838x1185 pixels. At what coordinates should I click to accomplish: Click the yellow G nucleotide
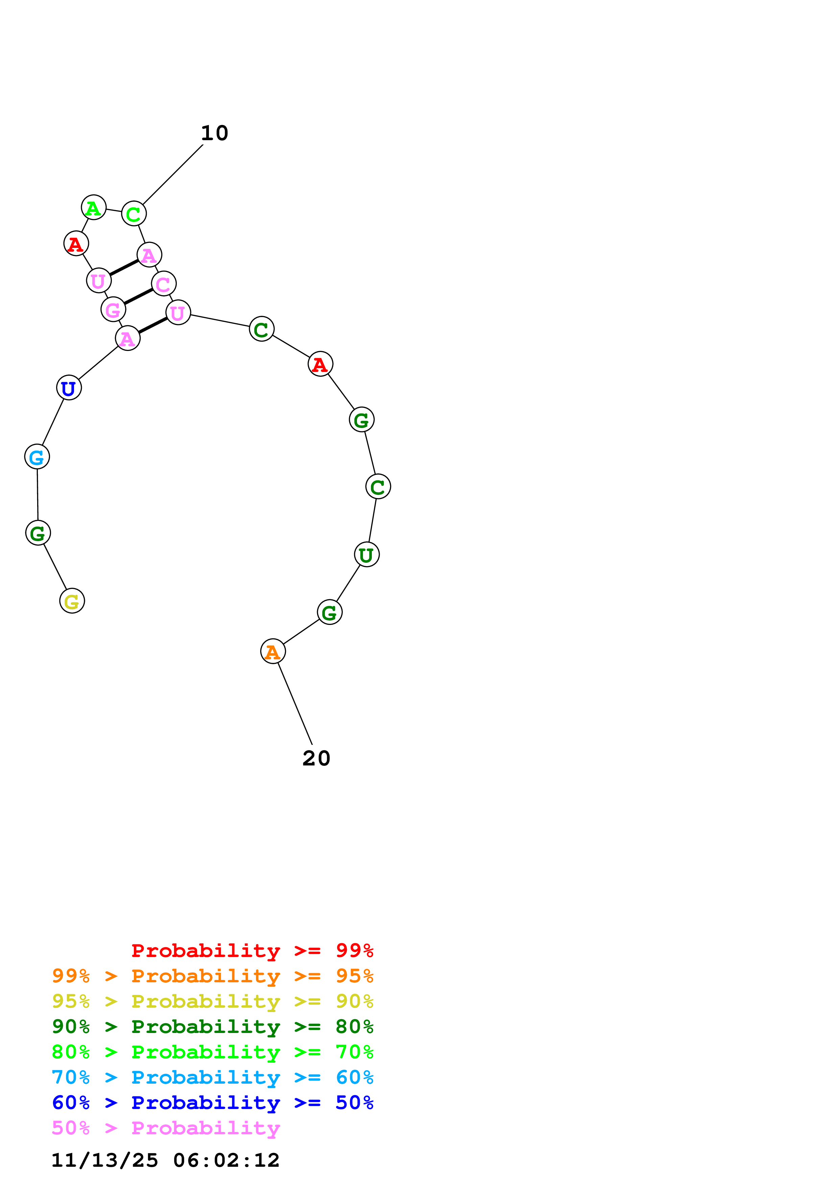tap(72, 601)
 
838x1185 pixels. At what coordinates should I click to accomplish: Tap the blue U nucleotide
tap(69, 387)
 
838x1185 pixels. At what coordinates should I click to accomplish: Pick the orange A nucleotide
tap(272, 651)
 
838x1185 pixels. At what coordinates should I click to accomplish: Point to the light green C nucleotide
tap(134, 214)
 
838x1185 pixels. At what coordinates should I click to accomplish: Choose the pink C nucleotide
tap(164, 284)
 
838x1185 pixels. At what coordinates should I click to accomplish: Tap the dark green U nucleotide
tap(366, 555)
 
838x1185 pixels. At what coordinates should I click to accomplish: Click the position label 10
tap(214, 133)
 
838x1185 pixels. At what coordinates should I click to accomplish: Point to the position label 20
tap(316, 758)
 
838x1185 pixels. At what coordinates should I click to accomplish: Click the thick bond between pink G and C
tap(138, 296)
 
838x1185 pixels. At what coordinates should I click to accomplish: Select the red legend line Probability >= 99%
tap(252, 951)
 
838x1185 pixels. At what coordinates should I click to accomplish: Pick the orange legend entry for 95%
tap(213, 976)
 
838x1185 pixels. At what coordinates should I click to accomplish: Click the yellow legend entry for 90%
tap(213, 1001)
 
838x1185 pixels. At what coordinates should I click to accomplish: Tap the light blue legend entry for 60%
tap(213, 1077)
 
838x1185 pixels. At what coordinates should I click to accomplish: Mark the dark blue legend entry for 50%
tap(213, 1103)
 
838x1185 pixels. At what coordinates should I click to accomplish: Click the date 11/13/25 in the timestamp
tap(104, 1160)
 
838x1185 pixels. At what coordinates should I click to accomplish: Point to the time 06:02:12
tap(226, 1160)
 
